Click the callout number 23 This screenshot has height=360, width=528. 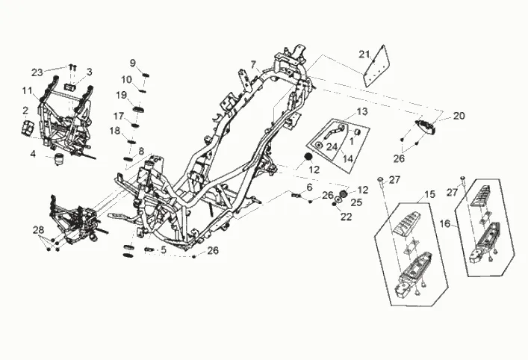(37, 72)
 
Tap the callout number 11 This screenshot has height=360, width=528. (27, 90)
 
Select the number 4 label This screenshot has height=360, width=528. (33, 155)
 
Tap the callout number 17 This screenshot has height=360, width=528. (119, 116)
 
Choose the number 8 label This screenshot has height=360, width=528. (140, 151)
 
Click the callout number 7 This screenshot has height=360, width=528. (253, 64)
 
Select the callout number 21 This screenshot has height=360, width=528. (364, 54)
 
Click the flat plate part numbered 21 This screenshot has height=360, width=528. (378, 65)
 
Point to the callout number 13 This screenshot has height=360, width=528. (362, 111)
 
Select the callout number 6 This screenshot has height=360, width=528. (308, 187)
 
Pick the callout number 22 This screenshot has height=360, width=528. (346, 217)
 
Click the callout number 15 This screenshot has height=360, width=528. (429, 194)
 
